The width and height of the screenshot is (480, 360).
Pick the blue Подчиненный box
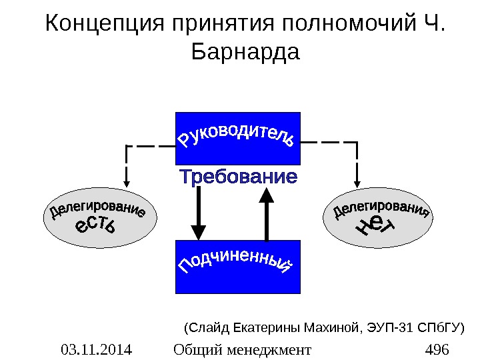pyautogui.click(x=238, y=267)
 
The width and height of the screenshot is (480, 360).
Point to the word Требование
pyautogui.click(x=238, y=179)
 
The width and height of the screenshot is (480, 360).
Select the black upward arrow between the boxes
pyautogui.click(x=266, y=213)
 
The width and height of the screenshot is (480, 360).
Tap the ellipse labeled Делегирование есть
pyautogui.click(x=97, y=221)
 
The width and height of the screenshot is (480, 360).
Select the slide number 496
pyautogui.click(x=437, y=349)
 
